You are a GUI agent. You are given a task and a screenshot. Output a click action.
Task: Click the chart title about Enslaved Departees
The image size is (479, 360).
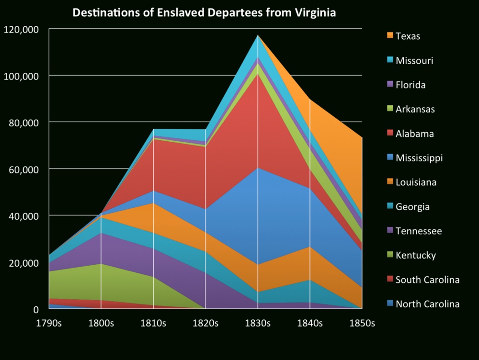coord(204,13)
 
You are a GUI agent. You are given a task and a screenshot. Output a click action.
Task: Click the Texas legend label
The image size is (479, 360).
coord(408,36)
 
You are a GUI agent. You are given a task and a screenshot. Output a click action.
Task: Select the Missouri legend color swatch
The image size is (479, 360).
coord(390,60)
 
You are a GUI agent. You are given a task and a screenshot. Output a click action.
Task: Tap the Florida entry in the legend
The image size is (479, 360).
coord(411,85)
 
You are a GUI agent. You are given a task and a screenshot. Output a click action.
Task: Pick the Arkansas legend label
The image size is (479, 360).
coord(415,109)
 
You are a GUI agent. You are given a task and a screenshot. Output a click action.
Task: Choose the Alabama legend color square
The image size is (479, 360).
coord(390,134)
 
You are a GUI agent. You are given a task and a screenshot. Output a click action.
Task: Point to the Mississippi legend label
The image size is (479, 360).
coord(419,158)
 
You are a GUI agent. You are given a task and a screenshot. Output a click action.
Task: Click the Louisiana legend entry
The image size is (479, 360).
coord(415,182)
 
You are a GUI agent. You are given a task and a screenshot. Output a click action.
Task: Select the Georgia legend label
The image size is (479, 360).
coord(412,207)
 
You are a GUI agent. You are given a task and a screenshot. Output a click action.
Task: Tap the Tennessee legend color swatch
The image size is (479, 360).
coord(390,231)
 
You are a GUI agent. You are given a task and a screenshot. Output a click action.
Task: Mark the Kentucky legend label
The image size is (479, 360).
coord(416,255)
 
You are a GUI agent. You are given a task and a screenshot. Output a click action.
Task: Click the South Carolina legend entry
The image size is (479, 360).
coord(427,280)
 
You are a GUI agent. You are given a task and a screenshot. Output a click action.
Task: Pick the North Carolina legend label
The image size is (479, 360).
coord(427,304)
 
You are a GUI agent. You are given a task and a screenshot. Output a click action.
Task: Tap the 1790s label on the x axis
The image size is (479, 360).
coord(50,323)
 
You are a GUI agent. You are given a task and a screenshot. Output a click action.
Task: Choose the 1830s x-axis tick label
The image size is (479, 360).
coord(258,323)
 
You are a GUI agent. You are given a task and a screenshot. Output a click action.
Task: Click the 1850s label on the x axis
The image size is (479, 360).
coord(362,323)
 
